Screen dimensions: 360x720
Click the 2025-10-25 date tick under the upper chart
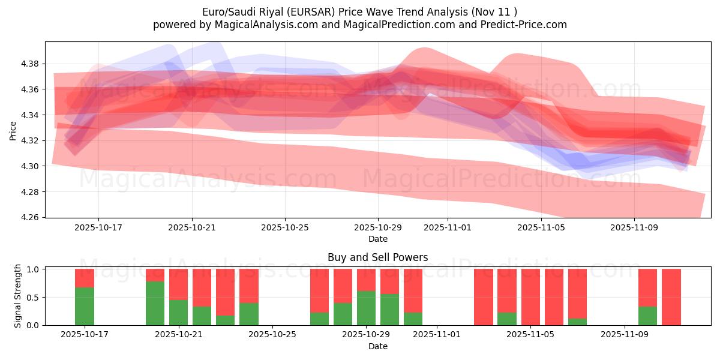point(285,227)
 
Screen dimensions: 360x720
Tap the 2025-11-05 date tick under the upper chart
point(541,227)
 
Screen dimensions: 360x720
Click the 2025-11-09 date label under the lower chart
point(625,335)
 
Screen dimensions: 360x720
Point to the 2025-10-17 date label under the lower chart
point(85,335)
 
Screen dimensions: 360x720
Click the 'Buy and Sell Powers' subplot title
point(377,257)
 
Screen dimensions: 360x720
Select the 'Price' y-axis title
point(13,130)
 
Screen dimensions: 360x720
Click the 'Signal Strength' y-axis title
point(18,296)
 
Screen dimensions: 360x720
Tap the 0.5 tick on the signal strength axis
point(34,297)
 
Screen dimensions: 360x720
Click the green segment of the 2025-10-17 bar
point(85,306)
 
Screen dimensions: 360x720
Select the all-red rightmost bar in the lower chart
point(671,297)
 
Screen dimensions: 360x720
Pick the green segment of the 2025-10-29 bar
point(366,308)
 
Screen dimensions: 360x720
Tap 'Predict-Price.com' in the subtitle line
point(522,25)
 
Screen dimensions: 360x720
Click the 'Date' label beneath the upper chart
point(377,239)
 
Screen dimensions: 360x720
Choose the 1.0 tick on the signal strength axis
point(34,269)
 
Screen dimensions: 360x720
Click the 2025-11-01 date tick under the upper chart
point(448,227)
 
